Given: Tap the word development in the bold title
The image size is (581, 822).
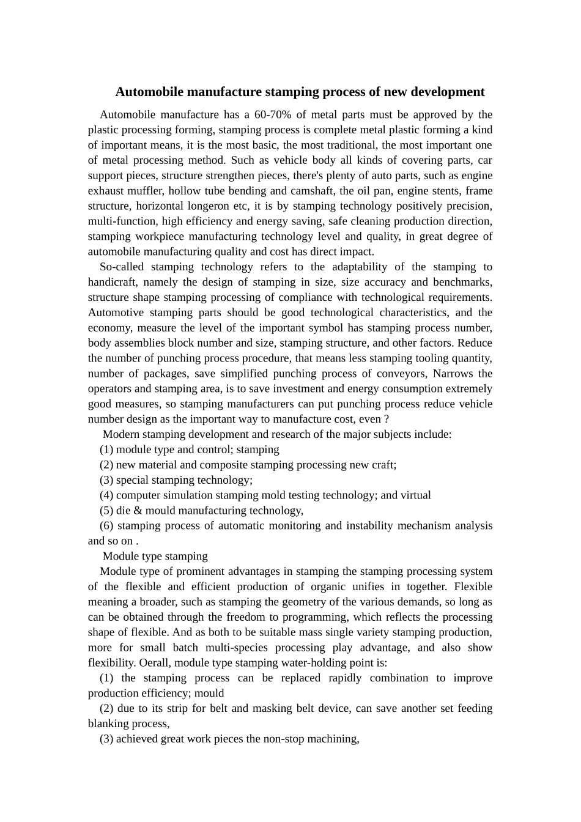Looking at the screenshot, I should tap(448, 92).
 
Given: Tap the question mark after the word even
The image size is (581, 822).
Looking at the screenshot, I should tap(386, 420).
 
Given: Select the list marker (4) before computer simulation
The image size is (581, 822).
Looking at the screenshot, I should tap(106, 495).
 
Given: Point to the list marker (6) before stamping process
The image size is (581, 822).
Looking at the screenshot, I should tap(106, 526).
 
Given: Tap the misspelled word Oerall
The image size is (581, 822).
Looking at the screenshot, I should tap(155, 663).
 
